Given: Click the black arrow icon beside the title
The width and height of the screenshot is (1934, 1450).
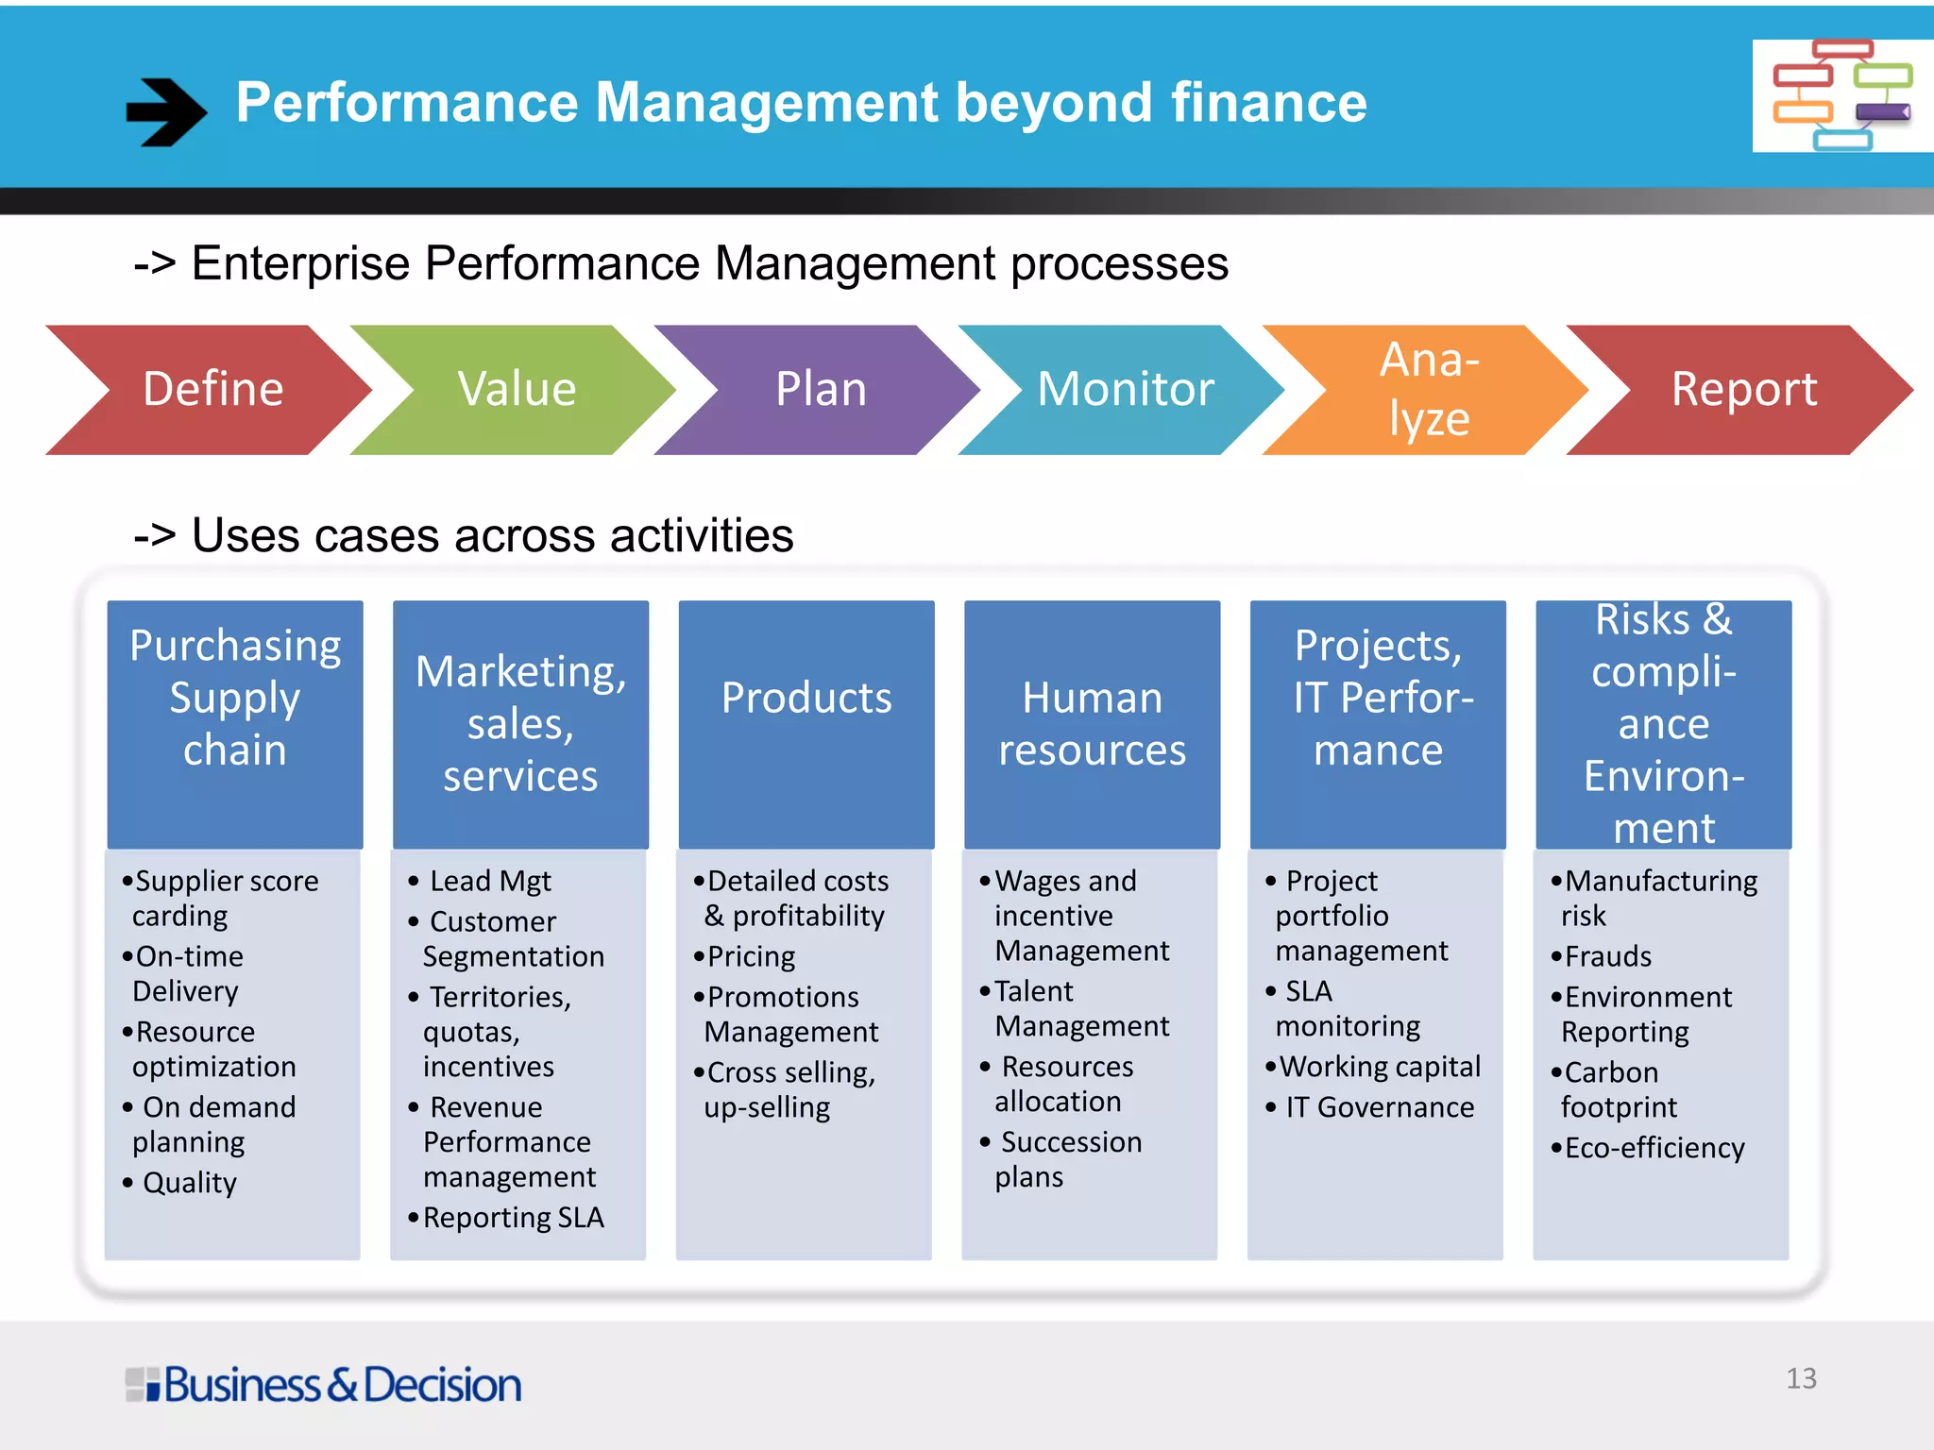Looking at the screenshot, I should [x=166, y=111].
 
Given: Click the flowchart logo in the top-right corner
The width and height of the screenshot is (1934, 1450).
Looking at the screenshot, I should [x=1841, y=95].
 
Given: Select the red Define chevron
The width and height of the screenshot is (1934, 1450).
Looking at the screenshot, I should [x=213, y=390].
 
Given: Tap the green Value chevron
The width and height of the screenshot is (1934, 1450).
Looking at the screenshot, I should [x=517, y=390].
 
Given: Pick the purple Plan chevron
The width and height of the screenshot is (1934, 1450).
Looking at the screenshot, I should [x=821, y=390].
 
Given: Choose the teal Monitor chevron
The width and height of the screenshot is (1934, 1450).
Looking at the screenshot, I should [x=1125, y=390].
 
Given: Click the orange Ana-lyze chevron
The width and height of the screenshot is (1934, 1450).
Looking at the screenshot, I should [x=1429, y=390].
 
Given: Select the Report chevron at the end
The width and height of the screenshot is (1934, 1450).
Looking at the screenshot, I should [x=1743, y=390].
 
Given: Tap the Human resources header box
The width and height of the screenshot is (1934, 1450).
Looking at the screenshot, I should [x=1092, y=724].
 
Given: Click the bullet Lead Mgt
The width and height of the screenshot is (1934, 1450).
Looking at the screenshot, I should [x=489, y=882].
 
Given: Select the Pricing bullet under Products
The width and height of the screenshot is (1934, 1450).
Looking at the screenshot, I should [x=751, y=957].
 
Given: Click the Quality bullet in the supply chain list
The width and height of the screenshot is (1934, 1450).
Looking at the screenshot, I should [x=189, y=1183].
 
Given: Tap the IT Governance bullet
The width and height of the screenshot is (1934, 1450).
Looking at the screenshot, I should [x=1379, y=1107].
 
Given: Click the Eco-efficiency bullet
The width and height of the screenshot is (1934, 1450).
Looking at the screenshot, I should [x=1654, y=1148].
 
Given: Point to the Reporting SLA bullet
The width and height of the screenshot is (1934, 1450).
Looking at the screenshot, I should [x=513, y=1218].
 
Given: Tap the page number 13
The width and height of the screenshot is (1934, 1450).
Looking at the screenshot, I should [x=1801, y=1379].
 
